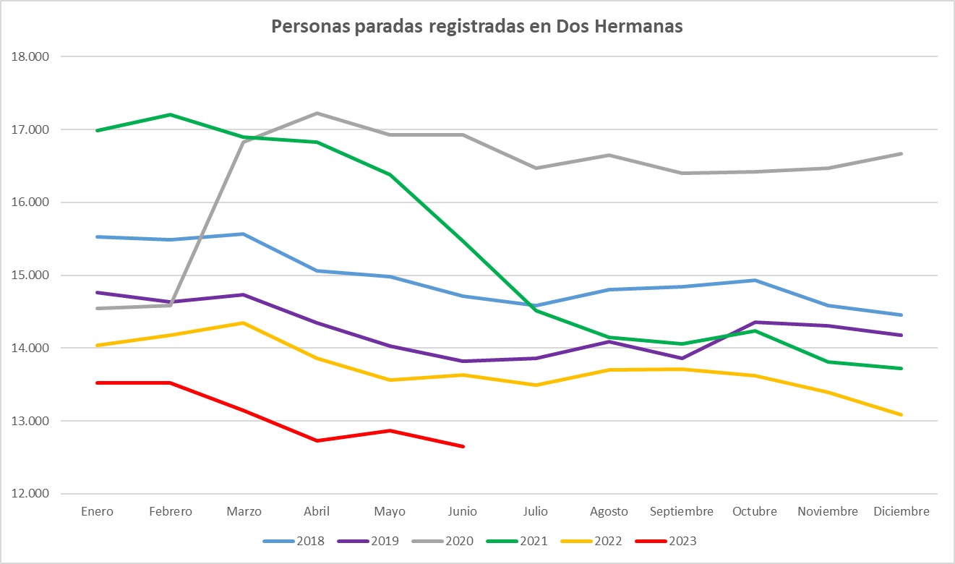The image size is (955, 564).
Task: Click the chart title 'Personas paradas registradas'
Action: coord(477,27)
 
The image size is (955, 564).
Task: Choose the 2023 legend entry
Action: coord(666,540)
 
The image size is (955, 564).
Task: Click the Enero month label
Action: coord(97,511)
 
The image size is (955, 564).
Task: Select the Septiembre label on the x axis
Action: coord(682,511)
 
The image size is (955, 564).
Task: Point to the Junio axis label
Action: coord(463,511)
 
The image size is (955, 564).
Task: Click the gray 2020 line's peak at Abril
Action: coord(317,113)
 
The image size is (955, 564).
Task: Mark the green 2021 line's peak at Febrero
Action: coord(171,114)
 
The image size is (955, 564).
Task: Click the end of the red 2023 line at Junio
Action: coord(463,446)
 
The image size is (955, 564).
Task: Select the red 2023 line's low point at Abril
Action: coord(317,440)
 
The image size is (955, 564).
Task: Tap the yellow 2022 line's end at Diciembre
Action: coord(901,414)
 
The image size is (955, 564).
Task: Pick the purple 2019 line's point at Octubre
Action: coord(755,322)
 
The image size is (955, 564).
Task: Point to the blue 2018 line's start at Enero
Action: coord(97,236)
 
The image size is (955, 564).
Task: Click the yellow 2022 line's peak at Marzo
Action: coord(244,322)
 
